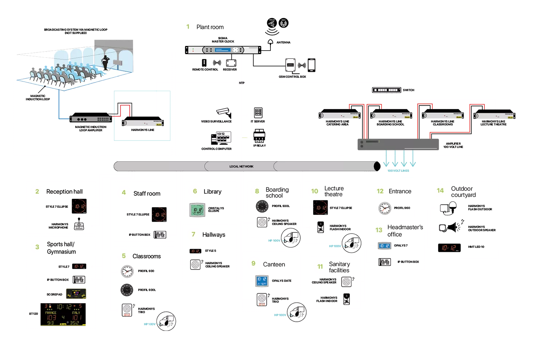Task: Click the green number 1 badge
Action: [x=188, y=27]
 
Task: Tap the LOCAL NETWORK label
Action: [x=241, y=166]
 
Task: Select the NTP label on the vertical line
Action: [x=242, y=83]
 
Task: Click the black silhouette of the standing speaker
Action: [x=106, y=62]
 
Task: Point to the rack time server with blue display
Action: [x=222, y=50]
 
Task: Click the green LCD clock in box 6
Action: [x=198, y=210]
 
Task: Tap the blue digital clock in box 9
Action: [x=262, y=281]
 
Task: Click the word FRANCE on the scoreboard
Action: [x=51, y=313]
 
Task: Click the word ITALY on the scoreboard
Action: [x=76, y=313]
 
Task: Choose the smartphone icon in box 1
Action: [x=312, y=65]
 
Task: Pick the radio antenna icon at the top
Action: [x=284, y=24]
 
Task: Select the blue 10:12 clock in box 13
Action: [x=384, y=246]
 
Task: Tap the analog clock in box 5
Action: [x=127, y=271]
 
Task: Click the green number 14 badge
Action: [x=440, y=190]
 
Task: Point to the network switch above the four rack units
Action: [x=385, y=90]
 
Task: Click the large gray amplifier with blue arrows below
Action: [x=397, y=144]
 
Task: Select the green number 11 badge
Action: [x=320, y=266]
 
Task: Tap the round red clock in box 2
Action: [x=79, y=206]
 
